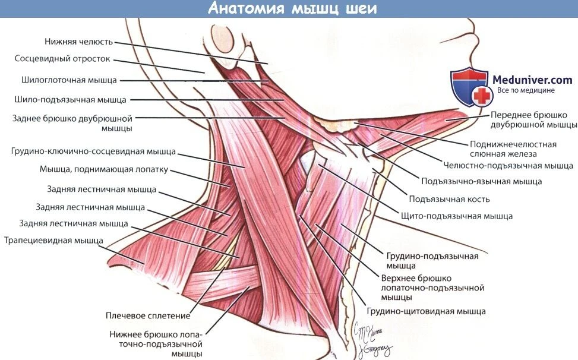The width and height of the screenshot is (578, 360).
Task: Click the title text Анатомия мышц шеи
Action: (x=292, y=8)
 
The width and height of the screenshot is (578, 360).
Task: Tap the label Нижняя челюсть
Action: (x=78, y=42)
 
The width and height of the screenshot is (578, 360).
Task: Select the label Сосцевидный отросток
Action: (x=62, y=59)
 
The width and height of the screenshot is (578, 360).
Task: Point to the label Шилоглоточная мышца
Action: (x=69, y=80)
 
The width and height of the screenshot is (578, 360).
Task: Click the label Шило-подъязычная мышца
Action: (x=71, y=100)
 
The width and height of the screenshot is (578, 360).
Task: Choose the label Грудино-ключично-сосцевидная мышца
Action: (x=94, y=151)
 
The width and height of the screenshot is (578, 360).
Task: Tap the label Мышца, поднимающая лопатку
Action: (x=104, y=169)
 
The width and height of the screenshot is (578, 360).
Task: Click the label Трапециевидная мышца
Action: (x=54, y=241)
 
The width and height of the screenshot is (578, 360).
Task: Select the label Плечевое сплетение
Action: (x=148, y=316)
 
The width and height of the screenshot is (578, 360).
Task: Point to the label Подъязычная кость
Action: (x=449, y=200)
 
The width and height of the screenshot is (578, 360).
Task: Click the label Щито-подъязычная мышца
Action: (x=457, y=216)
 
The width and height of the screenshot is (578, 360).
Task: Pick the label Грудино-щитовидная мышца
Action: (x=426, y=311)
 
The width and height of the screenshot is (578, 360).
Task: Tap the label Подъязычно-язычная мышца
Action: (x=481, y=181)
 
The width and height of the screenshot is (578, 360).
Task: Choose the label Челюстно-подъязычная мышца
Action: (x=508, y=166)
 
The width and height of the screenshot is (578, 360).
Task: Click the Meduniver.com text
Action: (x=532, y=80)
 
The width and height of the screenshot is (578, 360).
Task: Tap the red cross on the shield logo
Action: (x=482, y=96)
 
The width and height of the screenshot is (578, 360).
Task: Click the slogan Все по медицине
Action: (x=526, y=90)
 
